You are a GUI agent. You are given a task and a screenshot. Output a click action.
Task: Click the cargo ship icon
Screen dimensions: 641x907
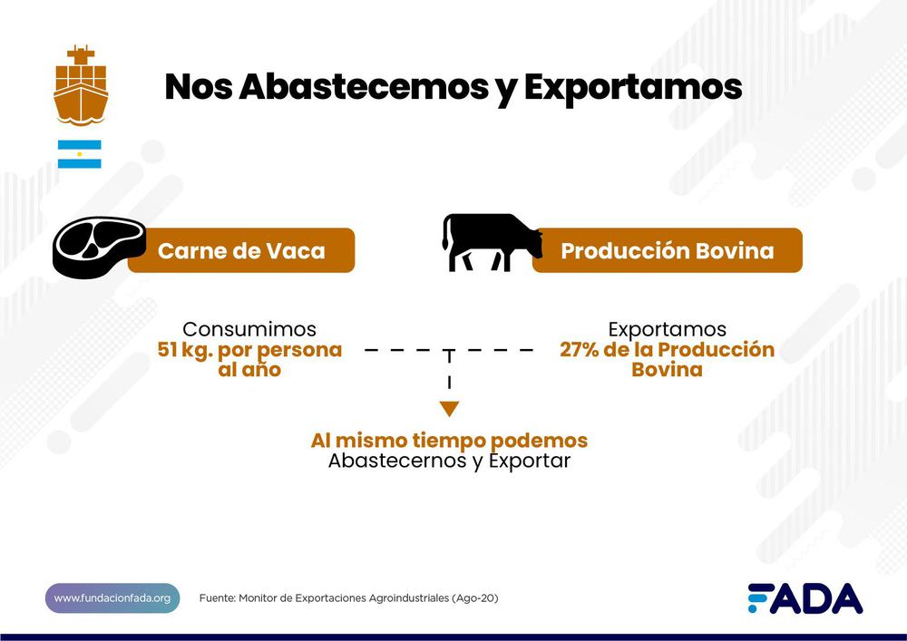(x=81, y=85)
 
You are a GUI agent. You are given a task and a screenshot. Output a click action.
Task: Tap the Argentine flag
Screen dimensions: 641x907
(x=80, y=154)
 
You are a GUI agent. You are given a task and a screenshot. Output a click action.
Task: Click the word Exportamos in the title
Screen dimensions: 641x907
(x=632, y=87)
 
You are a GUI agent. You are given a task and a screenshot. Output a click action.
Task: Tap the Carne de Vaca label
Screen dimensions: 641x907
(x=241, y=250)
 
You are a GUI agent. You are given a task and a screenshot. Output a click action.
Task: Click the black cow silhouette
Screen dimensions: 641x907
(x=491, y=242)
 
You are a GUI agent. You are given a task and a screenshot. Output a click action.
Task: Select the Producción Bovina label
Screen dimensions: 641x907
(x=667, y=250)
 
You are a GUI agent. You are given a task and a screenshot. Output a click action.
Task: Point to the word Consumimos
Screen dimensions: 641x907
(x=249, y=329)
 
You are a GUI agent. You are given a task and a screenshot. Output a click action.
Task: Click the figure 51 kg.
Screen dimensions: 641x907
(x=185, y=350)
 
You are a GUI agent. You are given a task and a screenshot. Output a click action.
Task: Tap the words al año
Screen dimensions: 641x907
(x=249, y=370)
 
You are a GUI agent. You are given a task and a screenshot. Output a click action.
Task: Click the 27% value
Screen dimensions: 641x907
(x=580, y=350)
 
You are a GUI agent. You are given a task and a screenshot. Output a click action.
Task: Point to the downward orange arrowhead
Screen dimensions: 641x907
(x=449, y=409)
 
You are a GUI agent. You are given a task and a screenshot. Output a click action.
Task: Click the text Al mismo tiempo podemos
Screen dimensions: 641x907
(x=449, y=441)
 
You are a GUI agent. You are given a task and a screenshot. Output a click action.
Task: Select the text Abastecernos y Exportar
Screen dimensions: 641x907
(x=449, y=461)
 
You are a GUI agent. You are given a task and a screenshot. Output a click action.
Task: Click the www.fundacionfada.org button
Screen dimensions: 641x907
(x=112, y=598)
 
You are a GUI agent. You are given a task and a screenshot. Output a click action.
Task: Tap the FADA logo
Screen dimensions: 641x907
(x=805, y=598)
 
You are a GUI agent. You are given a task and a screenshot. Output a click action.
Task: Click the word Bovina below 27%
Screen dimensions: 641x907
(x=667, y=370)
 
